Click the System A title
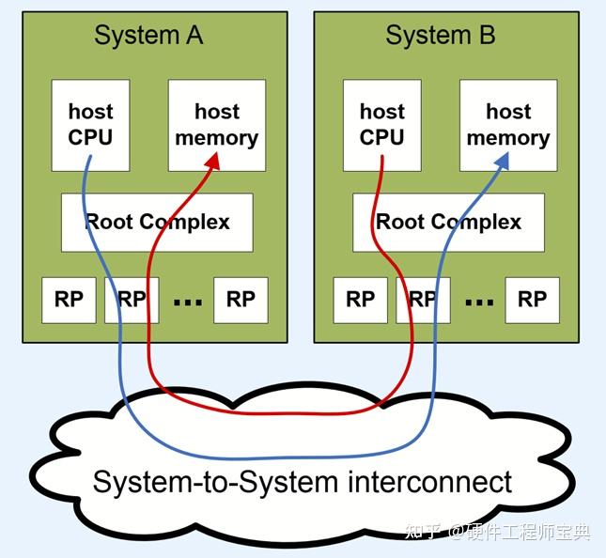point(148,36)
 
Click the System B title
point(440,36)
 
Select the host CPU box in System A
point(90,125)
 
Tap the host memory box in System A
point(217,125)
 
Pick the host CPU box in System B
point(381,125)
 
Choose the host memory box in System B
point(508,125)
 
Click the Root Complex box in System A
point(157,223)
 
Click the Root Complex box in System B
point(448,223)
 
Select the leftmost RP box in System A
point(69,300)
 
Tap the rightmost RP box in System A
point(241,300)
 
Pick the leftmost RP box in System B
point(360,300)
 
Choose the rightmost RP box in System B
point(532,300)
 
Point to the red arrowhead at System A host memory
point(213,161)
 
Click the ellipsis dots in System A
point(188,302)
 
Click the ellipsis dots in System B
point(479,302)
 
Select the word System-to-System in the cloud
point(215,483)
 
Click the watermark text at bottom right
point(498,532)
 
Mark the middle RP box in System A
point(132,300)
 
